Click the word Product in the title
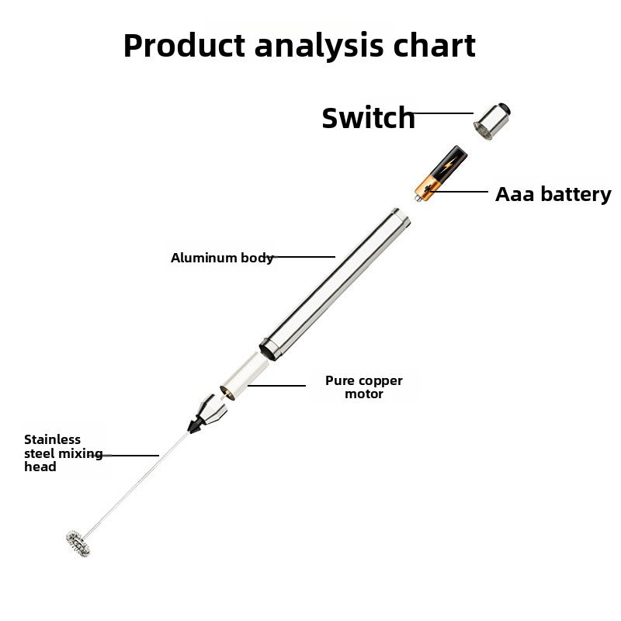point(184,46)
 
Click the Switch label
point(369,118)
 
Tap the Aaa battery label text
point(553,194)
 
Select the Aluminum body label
point(222,258)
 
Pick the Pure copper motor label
point(364,387)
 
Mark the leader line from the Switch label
point(444,113)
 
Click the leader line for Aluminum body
point(304,256)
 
